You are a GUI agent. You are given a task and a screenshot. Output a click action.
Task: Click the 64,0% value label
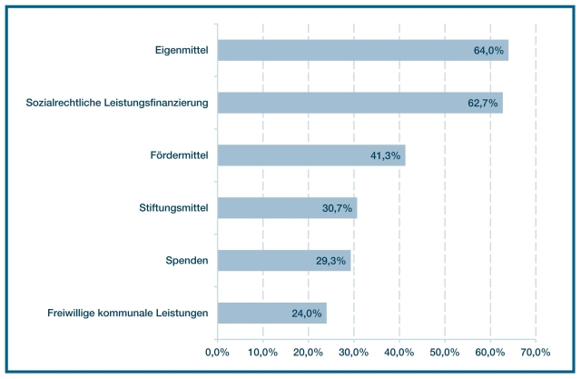[x=488, y=50]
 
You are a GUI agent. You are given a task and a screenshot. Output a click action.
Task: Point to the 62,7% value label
[x=483, y=103]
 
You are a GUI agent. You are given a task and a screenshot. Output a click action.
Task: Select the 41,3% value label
[x=386, y=155]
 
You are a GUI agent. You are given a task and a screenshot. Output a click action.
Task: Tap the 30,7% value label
[x=337, y=208]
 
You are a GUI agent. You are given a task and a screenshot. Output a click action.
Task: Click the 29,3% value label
[x=330, y=261]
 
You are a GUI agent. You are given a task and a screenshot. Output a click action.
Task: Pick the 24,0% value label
[x=307, y=314]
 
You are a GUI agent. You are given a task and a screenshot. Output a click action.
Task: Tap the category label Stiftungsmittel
[x=167, y=208]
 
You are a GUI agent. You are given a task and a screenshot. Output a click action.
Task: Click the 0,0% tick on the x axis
[x=217, y=352]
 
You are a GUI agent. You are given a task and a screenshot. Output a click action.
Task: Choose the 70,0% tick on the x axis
[x=536, y=352]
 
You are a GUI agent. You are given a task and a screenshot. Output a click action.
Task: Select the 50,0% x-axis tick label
[x=445, y=352]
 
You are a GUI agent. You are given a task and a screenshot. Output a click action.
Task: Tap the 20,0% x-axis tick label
[x=308, y=352]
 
